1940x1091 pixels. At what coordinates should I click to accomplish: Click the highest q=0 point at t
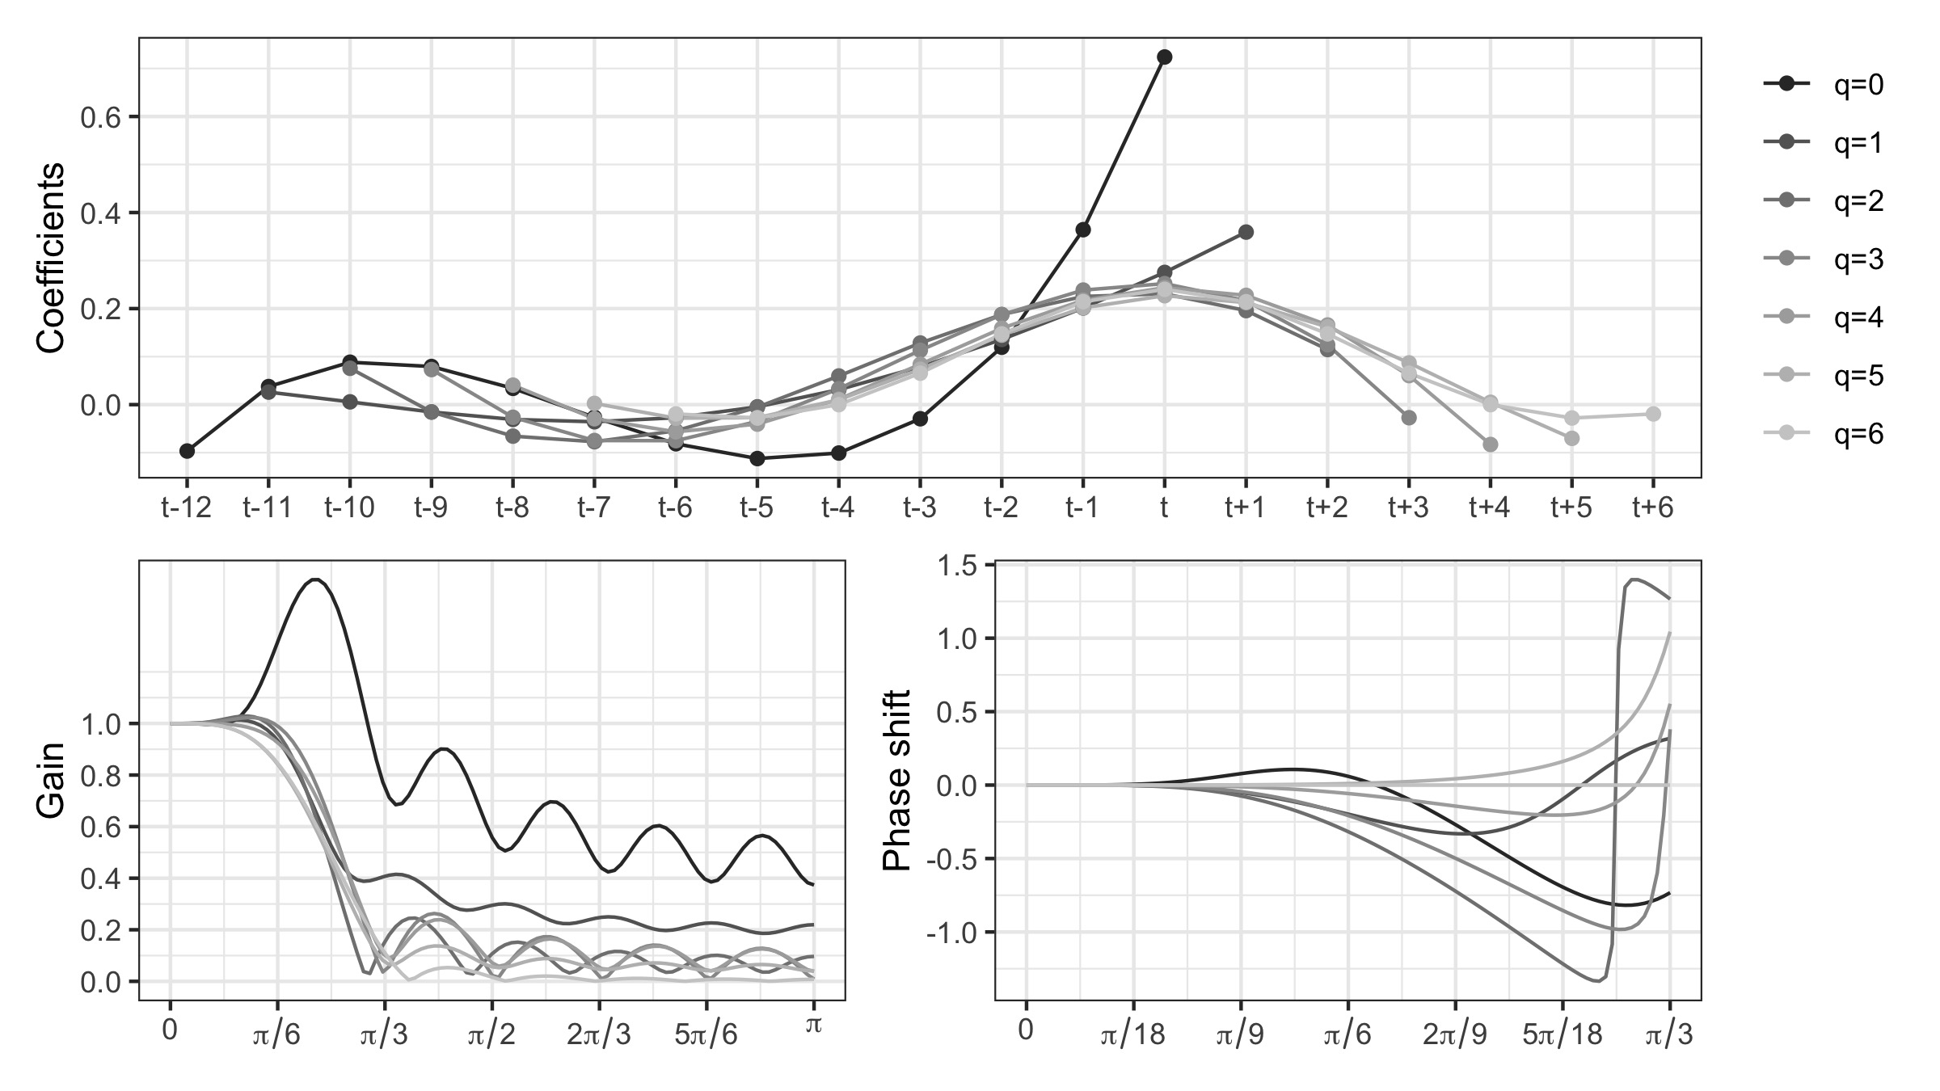coord(1164,57)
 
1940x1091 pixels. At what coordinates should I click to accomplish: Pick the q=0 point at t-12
coord(187,451)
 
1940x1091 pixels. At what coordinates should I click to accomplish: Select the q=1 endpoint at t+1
coord(1246,232)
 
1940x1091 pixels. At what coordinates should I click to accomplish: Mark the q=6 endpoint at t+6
coord(1653,414)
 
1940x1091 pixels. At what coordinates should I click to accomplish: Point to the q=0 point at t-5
coord(757,459)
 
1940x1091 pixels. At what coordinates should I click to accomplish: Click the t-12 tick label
coord(187,508)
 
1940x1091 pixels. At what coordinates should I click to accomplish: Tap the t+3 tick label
coord(1408,508)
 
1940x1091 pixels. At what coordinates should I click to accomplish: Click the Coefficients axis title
coord(50,258)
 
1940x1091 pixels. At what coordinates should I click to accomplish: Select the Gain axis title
coord(50,792)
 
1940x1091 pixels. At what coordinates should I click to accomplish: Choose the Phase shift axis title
coord(897,780)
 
